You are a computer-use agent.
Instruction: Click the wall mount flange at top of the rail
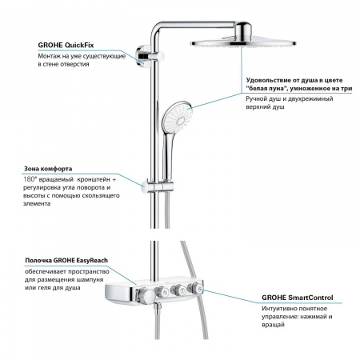[145, 57]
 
